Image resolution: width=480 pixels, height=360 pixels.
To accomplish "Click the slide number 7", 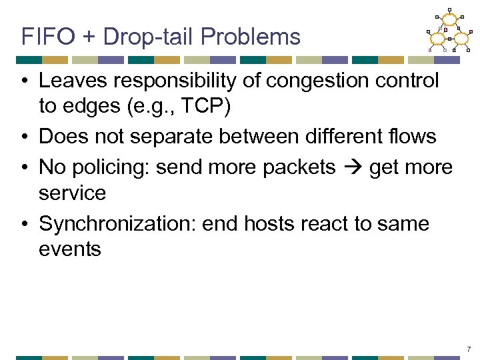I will [469, 349].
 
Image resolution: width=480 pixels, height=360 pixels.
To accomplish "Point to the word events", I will [70, 250].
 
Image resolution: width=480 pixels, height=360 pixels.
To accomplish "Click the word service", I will [72, 193].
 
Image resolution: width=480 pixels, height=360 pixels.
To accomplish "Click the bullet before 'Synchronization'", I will [23, 224].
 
